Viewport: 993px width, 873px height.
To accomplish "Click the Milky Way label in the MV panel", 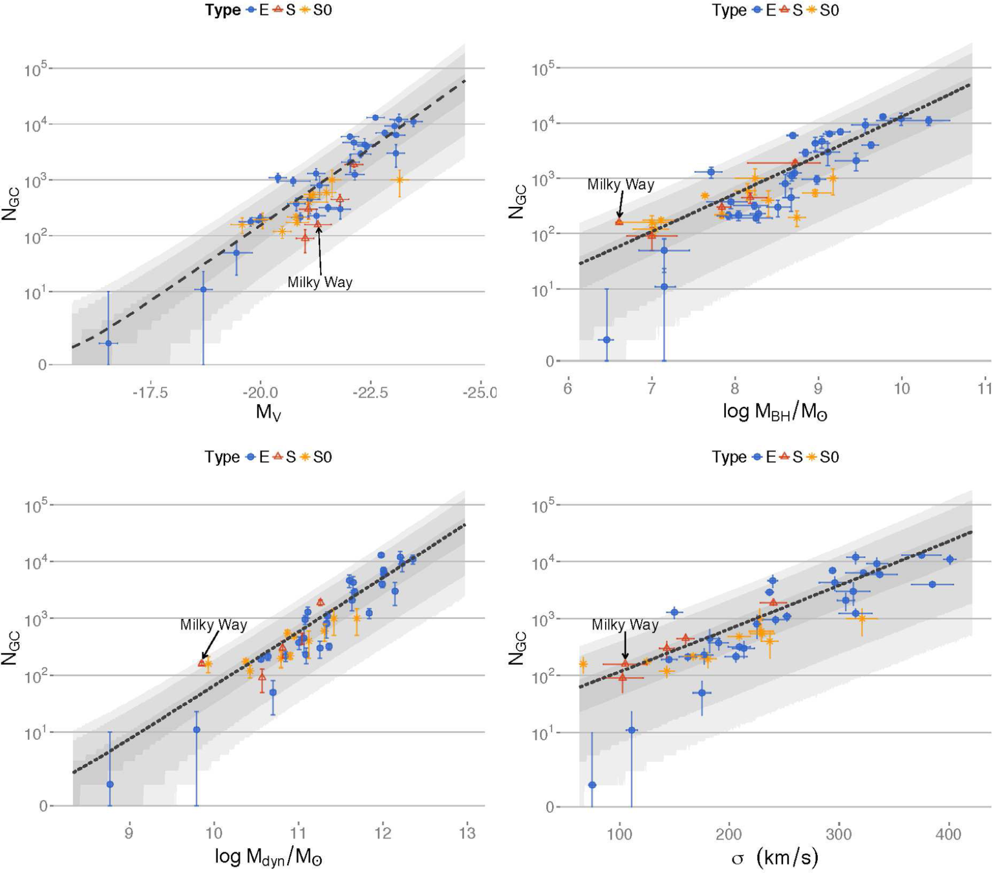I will [x=320, y=283].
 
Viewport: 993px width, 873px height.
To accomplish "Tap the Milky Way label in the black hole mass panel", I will [x=621, y=185].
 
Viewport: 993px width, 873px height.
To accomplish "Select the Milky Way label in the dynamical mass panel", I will [x=213, y=625].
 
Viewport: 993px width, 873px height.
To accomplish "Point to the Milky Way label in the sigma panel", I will [x=625, y=625].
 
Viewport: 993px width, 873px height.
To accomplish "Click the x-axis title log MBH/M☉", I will [x=774, y=411].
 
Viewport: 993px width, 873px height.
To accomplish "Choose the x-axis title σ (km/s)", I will [x=774, y=857].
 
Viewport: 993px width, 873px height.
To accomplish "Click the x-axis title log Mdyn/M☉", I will [x=268, y=857].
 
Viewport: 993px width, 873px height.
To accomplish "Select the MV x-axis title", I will [x=268, y=411].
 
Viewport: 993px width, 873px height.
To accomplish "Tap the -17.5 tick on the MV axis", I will [x=150, y=392].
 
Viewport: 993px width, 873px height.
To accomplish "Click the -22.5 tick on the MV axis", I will [x=370, y=392].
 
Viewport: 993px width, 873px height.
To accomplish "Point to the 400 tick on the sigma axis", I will [x=948, y=834].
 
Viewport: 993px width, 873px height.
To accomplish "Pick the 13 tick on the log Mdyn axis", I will [x=467, y=833].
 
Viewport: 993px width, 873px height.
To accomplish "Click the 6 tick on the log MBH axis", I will [x=568, y=388].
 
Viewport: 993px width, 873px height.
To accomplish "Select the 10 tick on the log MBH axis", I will [x=901, y=388].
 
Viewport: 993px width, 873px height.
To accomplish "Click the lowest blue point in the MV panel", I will [x=109, y=343].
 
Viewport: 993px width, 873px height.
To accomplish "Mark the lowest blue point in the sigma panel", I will [x=592, y=785].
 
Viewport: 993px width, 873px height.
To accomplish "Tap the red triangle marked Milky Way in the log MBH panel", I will [x=619, y=222].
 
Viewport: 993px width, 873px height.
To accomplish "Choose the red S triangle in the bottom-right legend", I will [x=784, y=457].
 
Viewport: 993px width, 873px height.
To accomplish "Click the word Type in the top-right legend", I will [x=729, y=10].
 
